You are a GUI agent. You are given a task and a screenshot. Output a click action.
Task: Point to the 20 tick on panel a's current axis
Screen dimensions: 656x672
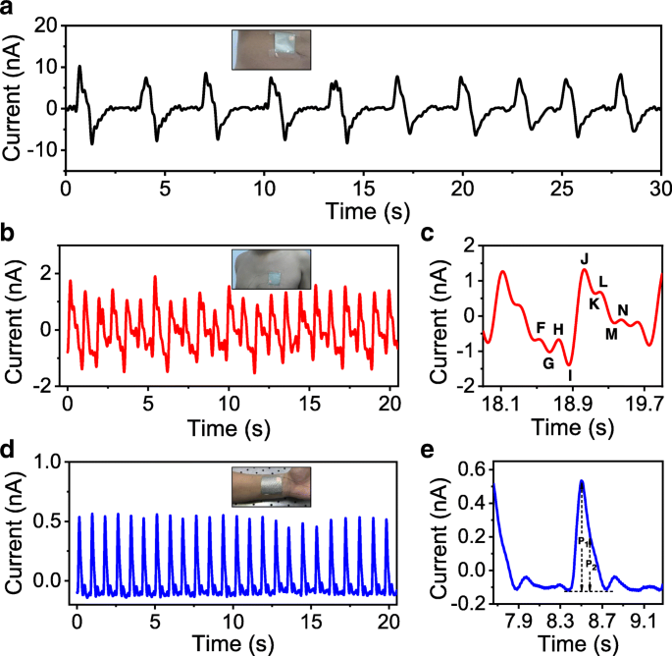[x=47, y=27]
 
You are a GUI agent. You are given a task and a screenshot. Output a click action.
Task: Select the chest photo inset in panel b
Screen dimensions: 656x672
[x=272, y=268]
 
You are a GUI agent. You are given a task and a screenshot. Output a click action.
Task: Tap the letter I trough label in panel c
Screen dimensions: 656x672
[x=570, y=376]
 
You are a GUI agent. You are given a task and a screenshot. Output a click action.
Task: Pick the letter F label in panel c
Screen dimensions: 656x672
[x=541, y=327]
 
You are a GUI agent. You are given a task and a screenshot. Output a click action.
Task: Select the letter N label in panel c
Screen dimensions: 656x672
[x=623, y=309]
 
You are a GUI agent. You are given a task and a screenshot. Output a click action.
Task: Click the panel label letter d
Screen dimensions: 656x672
[x=8, y=453]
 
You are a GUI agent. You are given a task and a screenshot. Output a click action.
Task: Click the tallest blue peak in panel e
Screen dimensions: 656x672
[x=582, y=482]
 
